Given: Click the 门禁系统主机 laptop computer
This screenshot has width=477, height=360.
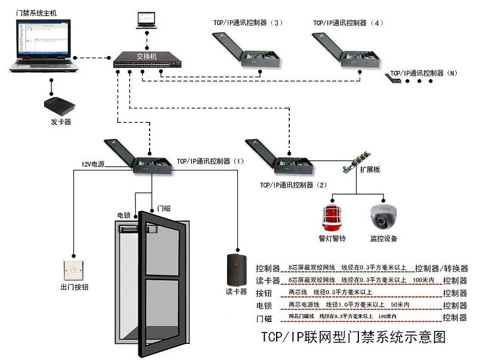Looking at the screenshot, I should [45, 47].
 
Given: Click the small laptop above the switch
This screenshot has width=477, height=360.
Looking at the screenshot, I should [146, 19].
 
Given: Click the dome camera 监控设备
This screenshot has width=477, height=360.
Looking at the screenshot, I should [383, 218].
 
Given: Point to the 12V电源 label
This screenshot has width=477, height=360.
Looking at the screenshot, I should [92, 164].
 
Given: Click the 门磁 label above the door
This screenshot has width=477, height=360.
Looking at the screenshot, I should [163, 208].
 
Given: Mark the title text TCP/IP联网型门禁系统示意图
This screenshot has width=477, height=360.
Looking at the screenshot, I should [354, 337].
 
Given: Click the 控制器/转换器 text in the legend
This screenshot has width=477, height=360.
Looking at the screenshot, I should [442, 269].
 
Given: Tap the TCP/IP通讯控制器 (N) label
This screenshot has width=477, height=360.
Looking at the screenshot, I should [423, 73].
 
